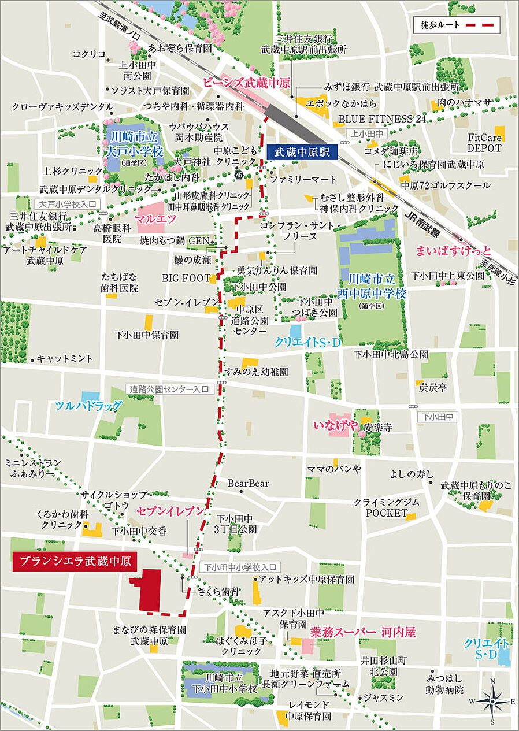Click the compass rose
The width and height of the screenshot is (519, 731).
[492, 702]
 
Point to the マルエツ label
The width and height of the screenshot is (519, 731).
[154, 219]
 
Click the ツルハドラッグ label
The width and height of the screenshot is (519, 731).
[88, 406]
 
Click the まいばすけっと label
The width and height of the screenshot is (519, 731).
[454, 250]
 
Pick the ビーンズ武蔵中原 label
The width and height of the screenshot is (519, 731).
[247, 82]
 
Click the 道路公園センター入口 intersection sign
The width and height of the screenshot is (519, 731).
[170, 389]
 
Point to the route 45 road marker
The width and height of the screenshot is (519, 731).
[239, 175]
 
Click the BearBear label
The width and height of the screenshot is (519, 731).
[248, 483]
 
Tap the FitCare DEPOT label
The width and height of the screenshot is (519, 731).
[484, 143]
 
